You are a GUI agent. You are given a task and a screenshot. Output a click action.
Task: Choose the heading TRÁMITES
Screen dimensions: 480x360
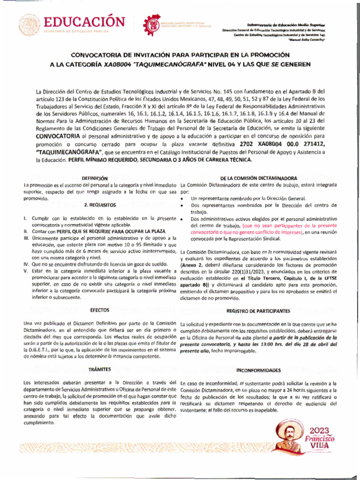click(x=99, y=370)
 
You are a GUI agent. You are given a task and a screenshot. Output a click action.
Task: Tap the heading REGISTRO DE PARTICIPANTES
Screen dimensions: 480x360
click(x=258, y=311)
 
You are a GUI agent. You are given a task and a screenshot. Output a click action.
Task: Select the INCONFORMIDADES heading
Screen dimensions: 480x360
click(x=258, y=370)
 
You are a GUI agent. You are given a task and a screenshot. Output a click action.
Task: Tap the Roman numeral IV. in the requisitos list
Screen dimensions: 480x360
click(x=26, y=264)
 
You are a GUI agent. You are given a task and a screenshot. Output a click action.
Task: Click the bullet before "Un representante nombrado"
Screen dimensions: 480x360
click(x=181, y=199)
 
